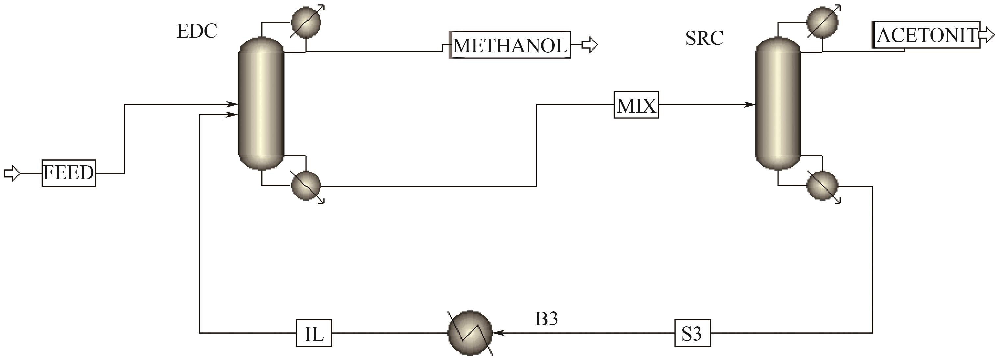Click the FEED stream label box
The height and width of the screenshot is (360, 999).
(69, 173)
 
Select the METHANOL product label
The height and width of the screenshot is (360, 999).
(510, 45)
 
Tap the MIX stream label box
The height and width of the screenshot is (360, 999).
(636, 105)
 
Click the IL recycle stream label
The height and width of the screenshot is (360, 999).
(314, 333)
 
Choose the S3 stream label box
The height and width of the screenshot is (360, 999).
(693, 333)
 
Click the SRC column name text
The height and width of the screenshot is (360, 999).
(704, 38)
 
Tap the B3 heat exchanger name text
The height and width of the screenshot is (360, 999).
(546, 319)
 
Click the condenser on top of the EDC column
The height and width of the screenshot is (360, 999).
(306, 22)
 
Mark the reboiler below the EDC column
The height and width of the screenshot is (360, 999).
(306, 186)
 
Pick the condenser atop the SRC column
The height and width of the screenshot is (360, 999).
(822, 22)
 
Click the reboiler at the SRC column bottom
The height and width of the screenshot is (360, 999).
(822, 186)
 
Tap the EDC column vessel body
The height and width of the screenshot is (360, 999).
(261, 103)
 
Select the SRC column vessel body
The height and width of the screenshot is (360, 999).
(778, 103)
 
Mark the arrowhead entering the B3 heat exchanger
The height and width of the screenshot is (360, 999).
(498, 333)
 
